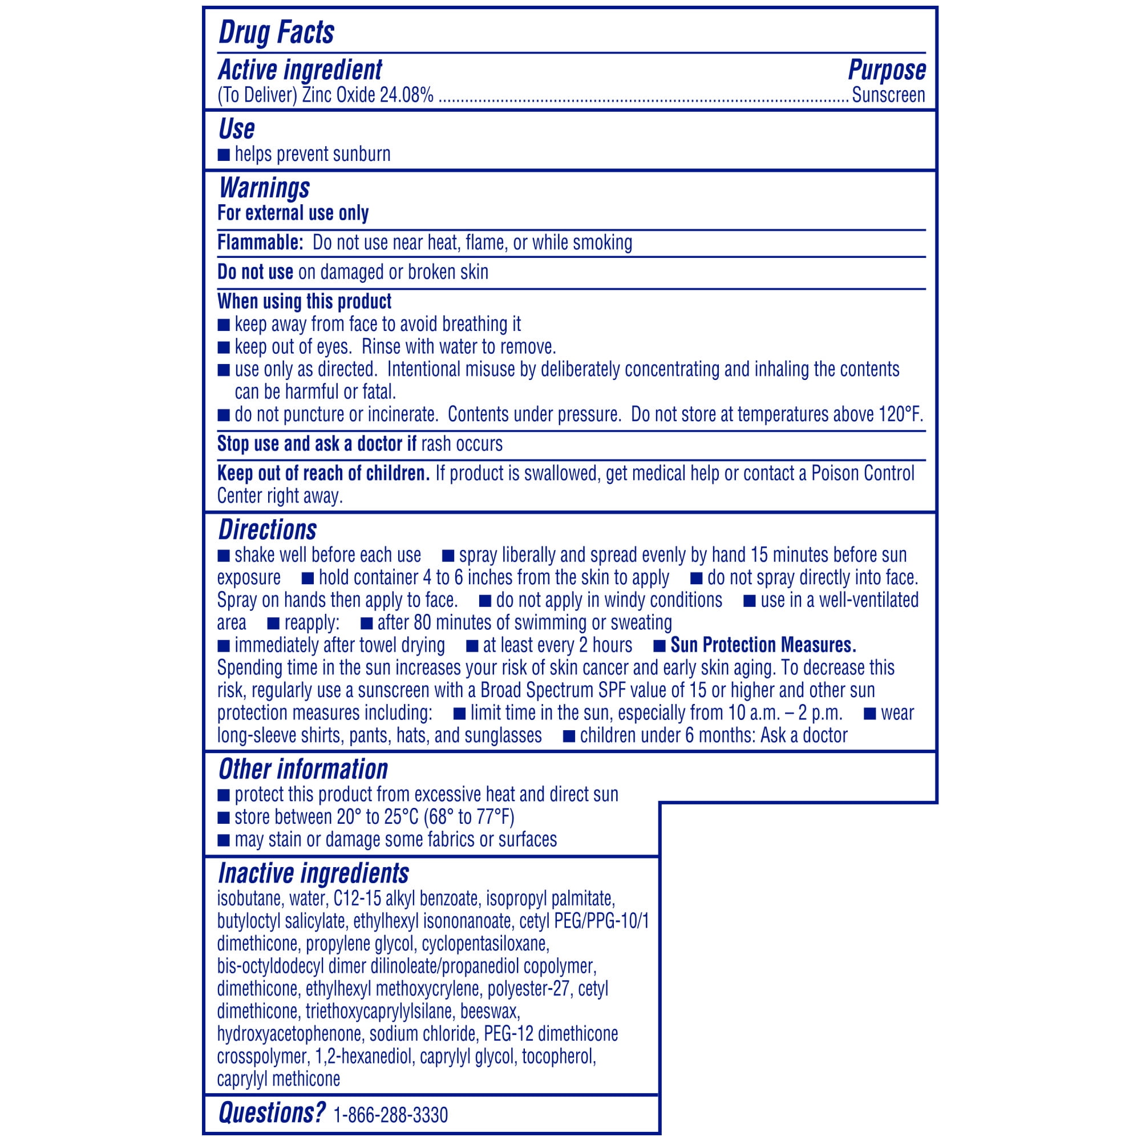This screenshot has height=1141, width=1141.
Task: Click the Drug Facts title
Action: (276, 32)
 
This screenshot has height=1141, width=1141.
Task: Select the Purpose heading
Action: (887, 70)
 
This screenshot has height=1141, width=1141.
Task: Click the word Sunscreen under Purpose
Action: (888, 95)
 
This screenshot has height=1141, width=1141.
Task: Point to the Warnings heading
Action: (264, 188)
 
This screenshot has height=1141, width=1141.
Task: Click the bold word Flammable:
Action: (260, 242)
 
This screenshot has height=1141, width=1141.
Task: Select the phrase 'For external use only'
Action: (293, 213)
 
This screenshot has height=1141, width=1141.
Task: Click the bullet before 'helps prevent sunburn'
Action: (224, 155)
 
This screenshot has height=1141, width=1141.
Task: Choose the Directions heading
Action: (268, 530)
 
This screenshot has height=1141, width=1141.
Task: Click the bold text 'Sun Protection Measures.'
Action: (763, 645)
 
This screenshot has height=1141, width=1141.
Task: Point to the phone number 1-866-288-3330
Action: (390, 1115)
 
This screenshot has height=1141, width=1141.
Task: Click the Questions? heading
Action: (272, 1113)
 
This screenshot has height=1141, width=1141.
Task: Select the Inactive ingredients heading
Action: (314, 873)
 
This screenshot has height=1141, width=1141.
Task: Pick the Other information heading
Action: (303, 770)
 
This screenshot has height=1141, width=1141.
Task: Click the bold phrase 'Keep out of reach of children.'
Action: (323, 474)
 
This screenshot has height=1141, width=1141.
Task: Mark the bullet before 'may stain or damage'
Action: (224, 840)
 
